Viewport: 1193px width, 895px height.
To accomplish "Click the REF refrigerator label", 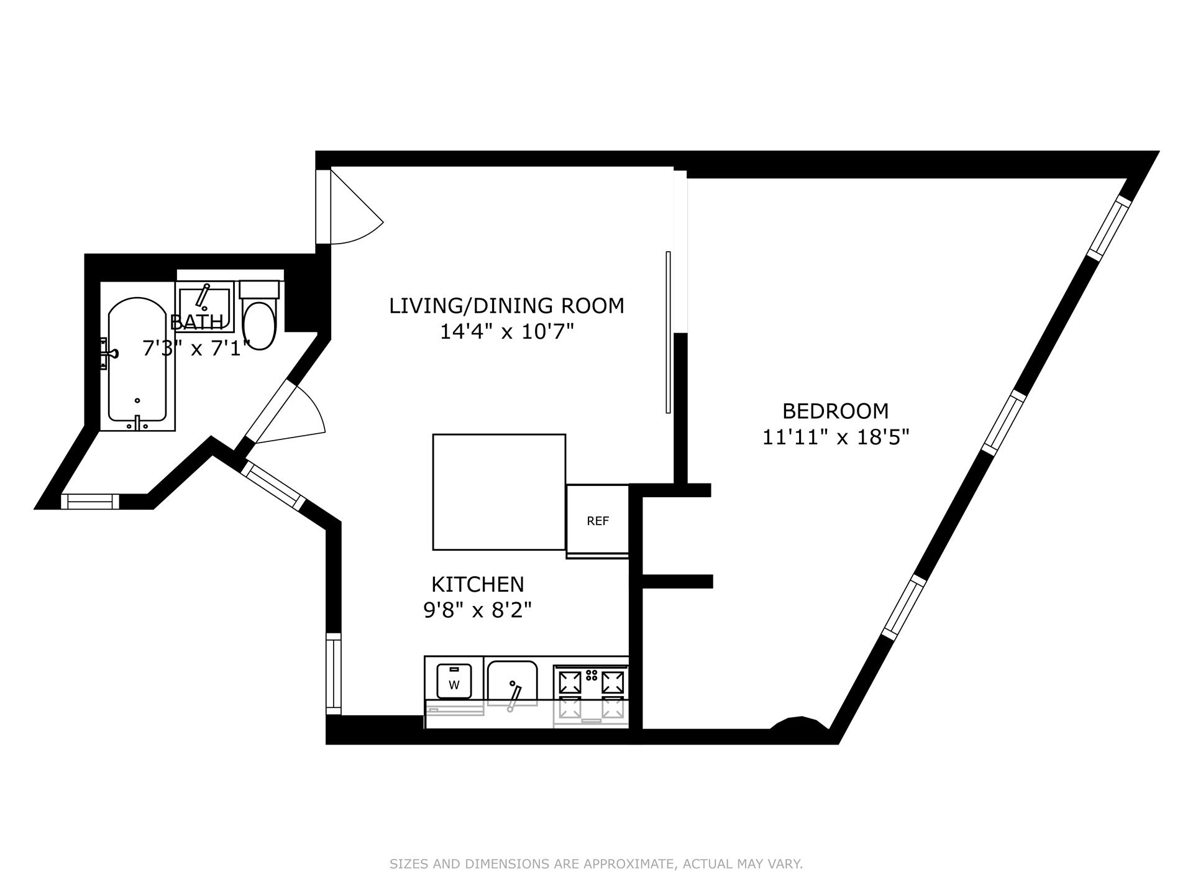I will tap(598, 521).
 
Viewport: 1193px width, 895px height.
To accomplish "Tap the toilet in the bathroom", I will tap(259, 323).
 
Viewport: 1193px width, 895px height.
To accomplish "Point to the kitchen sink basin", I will tap(512, 682).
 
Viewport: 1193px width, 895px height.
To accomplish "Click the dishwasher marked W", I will tap(454, 681).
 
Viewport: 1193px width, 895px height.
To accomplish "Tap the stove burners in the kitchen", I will tap(590, 690).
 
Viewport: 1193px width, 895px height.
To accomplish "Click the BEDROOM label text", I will tap(835, 411).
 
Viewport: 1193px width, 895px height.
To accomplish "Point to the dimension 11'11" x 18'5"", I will tap(835, 438).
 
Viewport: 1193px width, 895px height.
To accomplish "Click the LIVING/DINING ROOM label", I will tap(506, 306).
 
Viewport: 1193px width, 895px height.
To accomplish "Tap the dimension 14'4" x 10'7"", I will tap(506, 333).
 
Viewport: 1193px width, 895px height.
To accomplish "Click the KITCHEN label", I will tap(478, 584).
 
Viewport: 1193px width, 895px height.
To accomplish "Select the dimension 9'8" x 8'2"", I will tap(478, 611).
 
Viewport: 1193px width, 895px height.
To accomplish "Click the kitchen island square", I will tap(499, 492).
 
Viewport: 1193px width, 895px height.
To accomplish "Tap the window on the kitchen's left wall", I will tap(334, 673).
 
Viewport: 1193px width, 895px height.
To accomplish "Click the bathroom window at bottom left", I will tap(90, 501).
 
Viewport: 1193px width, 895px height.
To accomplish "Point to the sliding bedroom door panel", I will tap(668, 332).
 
